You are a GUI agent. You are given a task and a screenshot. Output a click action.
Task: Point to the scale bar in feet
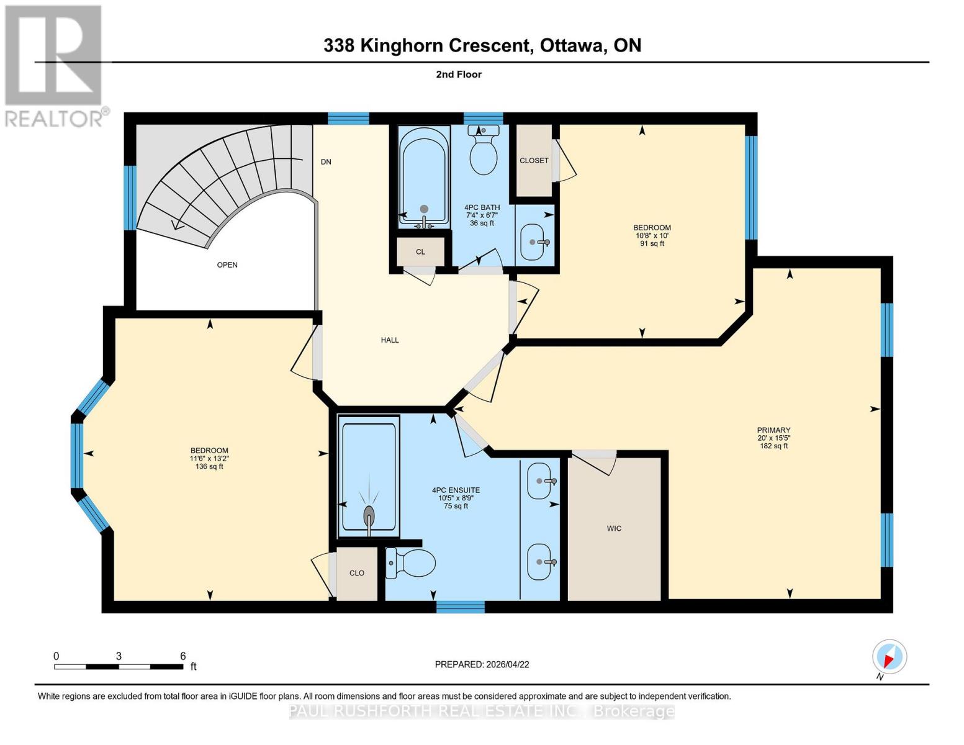coord(119,666)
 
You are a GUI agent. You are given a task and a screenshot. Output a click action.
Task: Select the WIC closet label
coord(614,528)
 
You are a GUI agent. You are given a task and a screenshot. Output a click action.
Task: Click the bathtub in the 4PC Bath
coord(424,176)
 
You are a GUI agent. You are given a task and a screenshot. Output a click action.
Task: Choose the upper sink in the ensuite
coord(539,481)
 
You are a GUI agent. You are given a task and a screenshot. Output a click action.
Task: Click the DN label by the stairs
coord(326,162)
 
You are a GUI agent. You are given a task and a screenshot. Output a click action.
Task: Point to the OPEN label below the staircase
coord(227,265)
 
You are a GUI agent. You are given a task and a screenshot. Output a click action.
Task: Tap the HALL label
coord(390,340)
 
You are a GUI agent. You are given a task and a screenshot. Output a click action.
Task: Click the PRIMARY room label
coord(773,430)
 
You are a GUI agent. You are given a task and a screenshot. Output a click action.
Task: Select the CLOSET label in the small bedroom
coord(534,161)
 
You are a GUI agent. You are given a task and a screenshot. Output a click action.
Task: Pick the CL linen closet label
coord(420,252)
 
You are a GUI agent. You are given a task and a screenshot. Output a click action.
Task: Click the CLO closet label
coord(356,573)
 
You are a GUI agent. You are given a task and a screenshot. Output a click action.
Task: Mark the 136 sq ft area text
coord(209,466)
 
